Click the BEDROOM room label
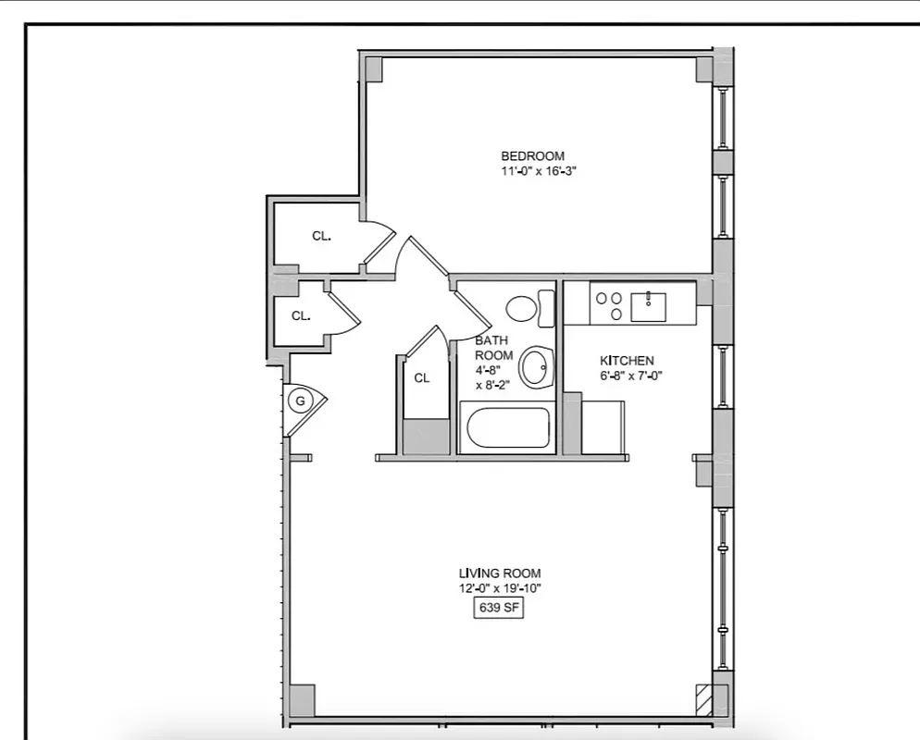click(532, 156)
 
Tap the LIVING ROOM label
click(500, 573)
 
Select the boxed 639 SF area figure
click(500, 608)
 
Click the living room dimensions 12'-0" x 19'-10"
click(500, 589)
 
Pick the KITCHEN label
click(627, 361)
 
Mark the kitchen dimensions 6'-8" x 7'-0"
click(631, 376)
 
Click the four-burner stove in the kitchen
click(608, 305)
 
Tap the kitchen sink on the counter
click(649, 304)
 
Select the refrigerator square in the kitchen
click(603, 427)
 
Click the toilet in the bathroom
click(528, 308)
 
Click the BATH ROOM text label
click(492, 348)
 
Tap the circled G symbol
click(300, 401)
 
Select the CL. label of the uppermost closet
click(321, 237)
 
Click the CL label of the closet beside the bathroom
click(422, 377)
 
